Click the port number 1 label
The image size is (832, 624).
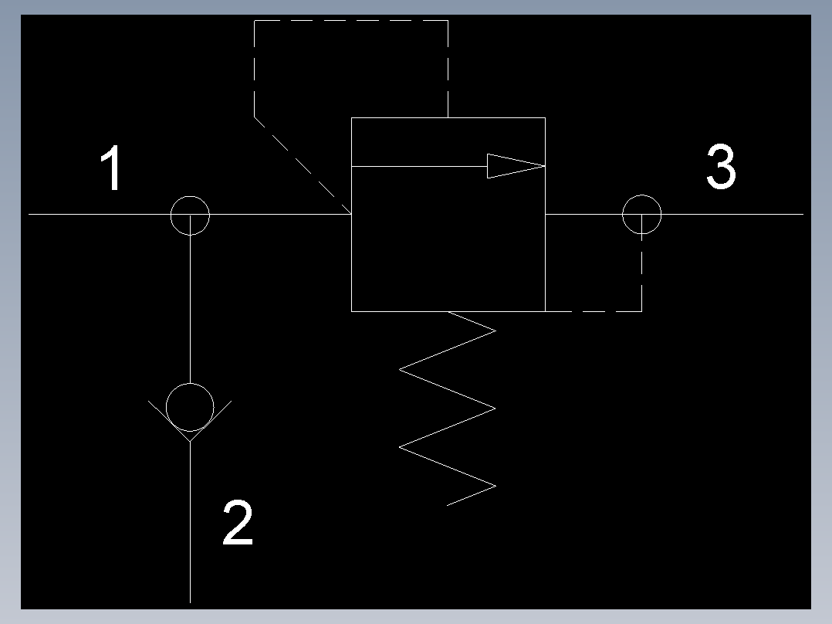(113, 169)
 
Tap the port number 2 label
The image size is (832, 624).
(238, 523)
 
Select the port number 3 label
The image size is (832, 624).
(721, 168)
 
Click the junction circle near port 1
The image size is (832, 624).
(190, 215)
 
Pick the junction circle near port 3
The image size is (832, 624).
(641, 214)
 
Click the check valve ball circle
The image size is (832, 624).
(190, 406)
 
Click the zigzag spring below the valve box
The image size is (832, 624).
(448, 408)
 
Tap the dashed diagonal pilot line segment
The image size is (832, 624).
(301, 164)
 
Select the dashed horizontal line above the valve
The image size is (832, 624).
(351, 21)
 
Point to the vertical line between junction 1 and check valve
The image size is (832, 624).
(190, 309)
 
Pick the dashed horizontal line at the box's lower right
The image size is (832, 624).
(594, 311)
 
